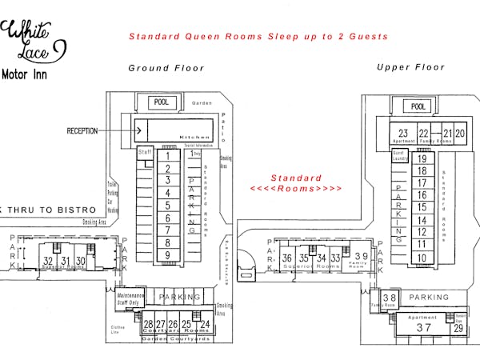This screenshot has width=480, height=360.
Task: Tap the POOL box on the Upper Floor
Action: tap(417, 106)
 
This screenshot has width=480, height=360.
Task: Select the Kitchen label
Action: tap(194, 137)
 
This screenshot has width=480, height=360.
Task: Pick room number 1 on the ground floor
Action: tap(167, 156)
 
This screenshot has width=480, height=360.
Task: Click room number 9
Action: tap(167, 255)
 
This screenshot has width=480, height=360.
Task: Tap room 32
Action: tap(48, 261)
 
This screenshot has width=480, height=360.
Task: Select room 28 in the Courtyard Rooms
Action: tap(149, 324)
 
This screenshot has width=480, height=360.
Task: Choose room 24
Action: tap(205, 324)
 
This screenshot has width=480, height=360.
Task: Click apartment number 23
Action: tap(403, 134)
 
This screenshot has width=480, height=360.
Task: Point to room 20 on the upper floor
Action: tap(459, 134)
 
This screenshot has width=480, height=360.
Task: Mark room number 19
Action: tap(422, 158)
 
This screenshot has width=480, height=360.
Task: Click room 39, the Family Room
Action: tap(361, 257)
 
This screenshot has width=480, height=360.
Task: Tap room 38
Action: tap(389, 298)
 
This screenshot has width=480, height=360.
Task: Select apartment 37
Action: tap(423, 327)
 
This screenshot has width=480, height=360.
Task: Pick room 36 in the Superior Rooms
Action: tap(287, 258)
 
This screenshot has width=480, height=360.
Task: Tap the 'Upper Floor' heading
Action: tap(410, 67)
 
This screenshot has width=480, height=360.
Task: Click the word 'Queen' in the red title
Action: tap(206, 36)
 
